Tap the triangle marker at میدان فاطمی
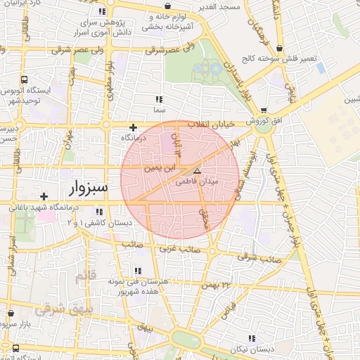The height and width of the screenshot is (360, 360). coord(197,171)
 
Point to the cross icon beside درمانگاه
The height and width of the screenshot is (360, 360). coord(133,127)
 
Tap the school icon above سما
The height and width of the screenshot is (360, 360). coord(158,99)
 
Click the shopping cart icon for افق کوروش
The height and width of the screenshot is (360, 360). coord(264,110)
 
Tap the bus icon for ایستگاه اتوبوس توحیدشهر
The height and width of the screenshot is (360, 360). coord(25,79)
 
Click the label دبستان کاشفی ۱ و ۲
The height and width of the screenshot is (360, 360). coord(97,222)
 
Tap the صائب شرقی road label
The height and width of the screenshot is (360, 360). coord(259,258)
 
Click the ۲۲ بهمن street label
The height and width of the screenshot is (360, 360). coord(215,284)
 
